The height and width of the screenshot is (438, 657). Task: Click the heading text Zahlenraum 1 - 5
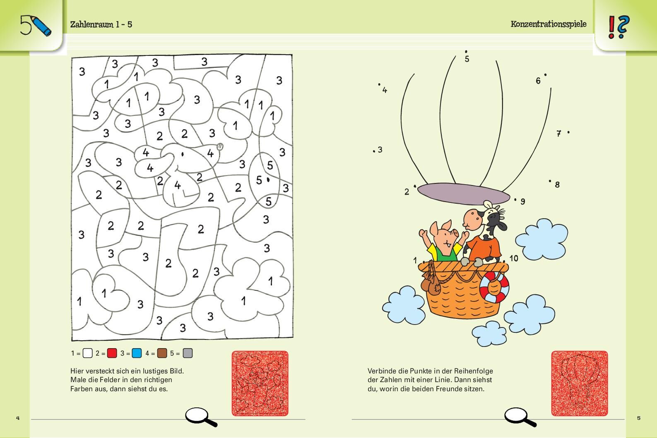tap(101, 24)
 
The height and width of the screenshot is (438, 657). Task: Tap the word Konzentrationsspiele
tap(549, 24)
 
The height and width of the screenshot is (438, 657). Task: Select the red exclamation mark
tap(611, 27)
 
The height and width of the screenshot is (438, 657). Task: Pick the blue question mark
tap(623, 27)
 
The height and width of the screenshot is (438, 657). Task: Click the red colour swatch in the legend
tap(112, 353)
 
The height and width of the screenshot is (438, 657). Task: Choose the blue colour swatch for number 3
tap(137, 353)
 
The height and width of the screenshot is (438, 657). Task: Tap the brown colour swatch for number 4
tap(162, 353)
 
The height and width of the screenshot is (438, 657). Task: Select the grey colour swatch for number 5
tap(188, 353)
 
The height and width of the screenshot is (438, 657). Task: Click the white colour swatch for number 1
tap(87, 353)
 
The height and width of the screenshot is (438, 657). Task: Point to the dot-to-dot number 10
tap(514, 258)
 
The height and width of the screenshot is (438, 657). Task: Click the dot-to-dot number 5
tap(467, 59)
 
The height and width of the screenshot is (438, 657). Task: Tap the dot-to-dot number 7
tap(559, 134)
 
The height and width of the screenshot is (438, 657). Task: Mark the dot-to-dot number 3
tap(380, 150)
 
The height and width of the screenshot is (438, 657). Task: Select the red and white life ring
tap(494, 287)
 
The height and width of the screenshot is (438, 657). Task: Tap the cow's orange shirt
tap(484, 249)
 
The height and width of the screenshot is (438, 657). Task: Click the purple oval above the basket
tap(464, 194)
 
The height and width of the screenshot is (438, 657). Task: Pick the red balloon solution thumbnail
tap(580, 383)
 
